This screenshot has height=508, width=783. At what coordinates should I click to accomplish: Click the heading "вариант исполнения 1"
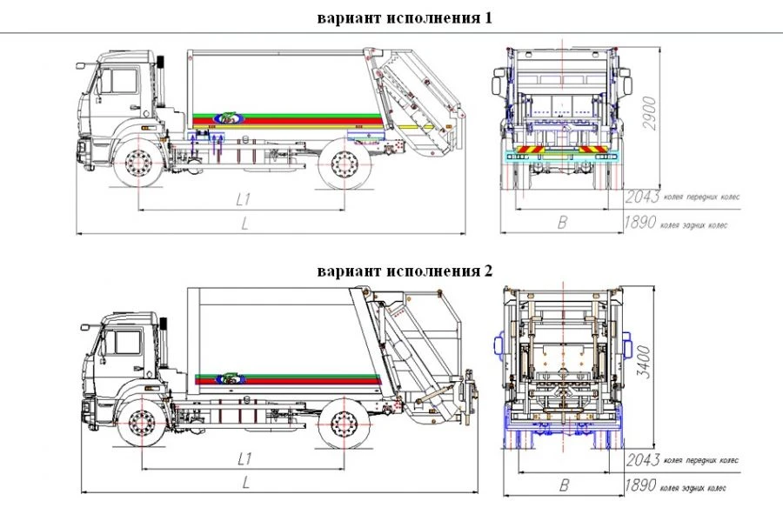[x=405, y=17]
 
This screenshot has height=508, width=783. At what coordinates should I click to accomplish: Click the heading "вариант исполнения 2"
[x=405, y=271]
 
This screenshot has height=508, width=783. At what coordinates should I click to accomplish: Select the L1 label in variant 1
[x=244, y=199]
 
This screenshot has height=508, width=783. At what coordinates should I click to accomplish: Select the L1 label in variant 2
[x=244, y=458]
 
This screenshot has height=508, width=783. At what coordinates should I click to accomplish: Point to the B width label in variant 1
[x=562, y=223]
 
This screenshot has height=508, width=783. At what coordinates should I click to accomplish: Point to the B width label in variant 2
[x=564, y=485]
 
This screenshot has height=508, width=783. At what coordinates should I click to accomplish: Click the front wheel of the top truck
[x=138, y=164]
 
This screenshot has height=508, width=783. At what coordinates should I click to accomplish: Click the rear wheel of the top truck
[x=345, y=164]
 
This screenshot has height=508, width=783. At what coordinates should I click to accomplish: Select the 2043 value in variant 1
[x=642, y=197]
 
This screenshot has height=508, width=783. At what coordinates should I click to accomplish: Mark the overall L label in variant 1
[x=244, y=224]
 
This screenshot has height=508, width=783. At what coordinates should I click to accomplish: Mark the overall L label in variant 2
[x=246, y=481]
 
